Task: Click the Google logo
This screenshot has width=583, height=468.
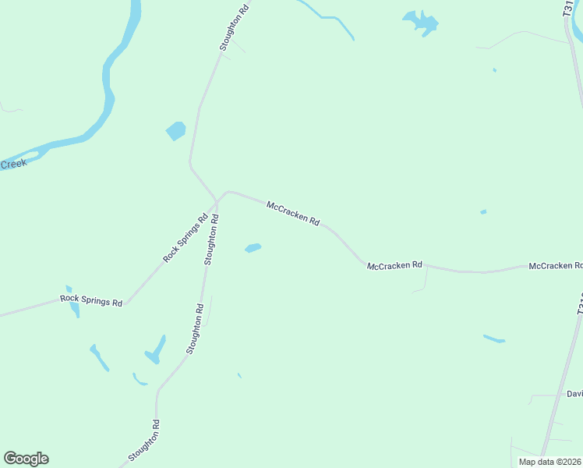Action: [x=26, y=459]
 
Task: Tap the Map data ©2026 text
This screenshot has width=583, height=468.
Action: [x=550, y=462]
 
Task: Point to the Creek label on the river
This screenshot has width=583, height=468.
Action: [x=12, y=164]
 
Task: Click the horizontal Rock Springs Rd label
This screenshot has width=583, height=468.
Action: [x=91, y=300]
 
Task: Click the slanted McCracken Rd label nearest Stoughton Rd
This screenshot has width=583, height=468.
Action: [x=293, y=214]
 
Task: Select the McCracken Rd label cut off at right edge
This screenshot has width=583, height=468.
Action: [x=555, y=266]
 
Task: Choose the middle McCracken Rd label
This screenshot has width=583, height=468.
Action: [x=394, y=265]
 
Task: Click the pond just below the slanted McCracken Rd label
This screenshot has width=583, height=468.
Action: [x=253, y=248]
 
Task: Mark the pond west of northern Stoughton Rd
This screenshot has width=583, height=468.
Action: [x=175, y=130]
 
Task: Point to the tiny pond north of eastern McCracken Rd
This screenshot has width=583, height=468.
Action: [x=483, y=211]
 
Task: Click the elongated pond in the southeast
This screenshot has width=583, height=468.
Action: [x=493, y=339]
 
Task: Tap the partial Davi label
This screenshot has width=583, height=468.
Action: [x=574, y=394]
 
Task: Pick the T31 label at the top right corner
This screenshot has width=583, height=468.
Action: [x=567, y=9]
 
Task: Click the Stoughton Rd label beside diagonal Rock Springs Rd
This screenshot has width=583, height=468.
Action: [x=210, y=239]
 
